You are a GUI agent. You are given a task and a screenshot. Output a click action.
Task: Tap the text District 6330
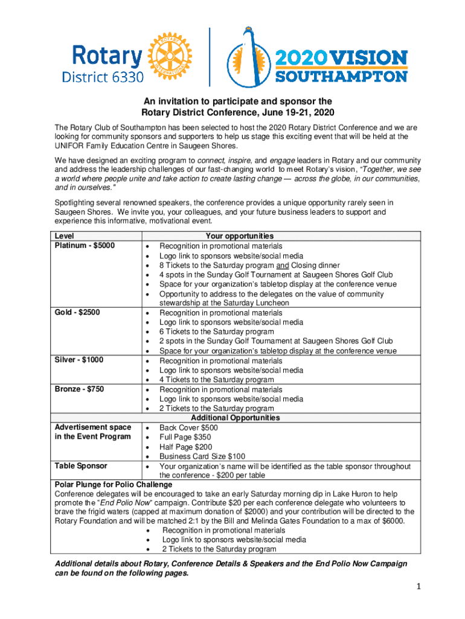pyautogui.click(x=103, y=77)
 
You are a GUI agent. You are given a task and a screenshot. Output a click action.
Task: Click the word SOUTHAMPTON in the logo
pyautogui.click(x=341, y=76)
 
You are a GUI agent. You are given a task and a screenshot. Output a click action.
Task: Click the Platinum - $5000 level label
pyautogui.click(x=85, y=245)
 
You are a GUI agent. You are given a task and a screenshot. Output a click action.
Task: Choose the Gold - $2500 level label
pyautogui.click(x=77, y=313)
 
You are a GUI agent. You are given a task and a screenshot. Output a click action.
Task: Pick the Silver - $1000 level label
pyautogui.click(x=79, y=360)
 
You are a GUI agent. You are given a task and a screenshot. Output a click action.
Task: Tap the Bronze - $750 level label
pyautogui.click(x=79, y=389)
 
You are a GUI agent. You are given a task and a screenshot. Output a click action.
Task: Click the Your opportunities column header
pyautogui.click(x=240, y=236)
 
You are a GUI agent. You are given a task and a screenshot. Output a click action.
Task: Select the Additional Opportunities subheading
pyautogui.click(x=236, y=418)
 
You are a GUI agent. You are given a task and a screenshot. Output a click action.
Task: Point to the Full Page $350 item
pyautogui.click(x=185, y=437)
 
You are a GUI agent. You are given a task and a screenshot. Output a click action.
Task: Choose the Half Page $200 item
pyautogui.click(x=185, y=447)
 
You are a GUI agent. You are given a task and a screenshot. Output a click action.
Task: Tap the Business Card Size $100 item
pyautogui.click(x=202, y=456)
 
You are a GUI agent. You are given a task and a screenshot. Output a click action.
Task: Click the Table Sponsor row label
pyautogui.click(x=81, y=466)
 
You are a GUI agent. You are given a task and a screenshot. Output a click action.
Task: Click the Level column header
pyautogui.click(x=64, y=236)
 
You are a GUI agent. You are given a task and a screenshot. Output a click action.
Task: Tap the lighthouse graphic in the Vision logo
pyautogui.click(x=248, y=57)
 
